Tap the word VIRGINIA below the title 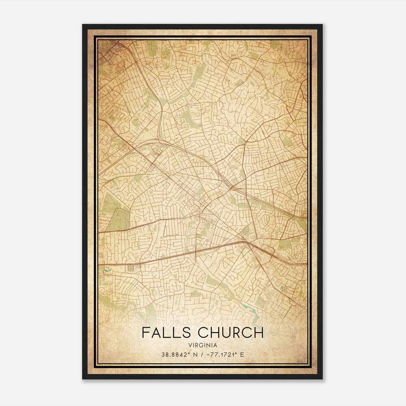coord(203,345)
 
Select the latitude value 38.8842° coord(175,354)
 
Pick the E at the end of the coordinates coord(242,354)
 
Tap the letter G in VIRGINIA coord(202,345)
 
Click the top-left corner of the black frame coord(83,25)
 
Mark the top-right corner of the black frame coord(323,25)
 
